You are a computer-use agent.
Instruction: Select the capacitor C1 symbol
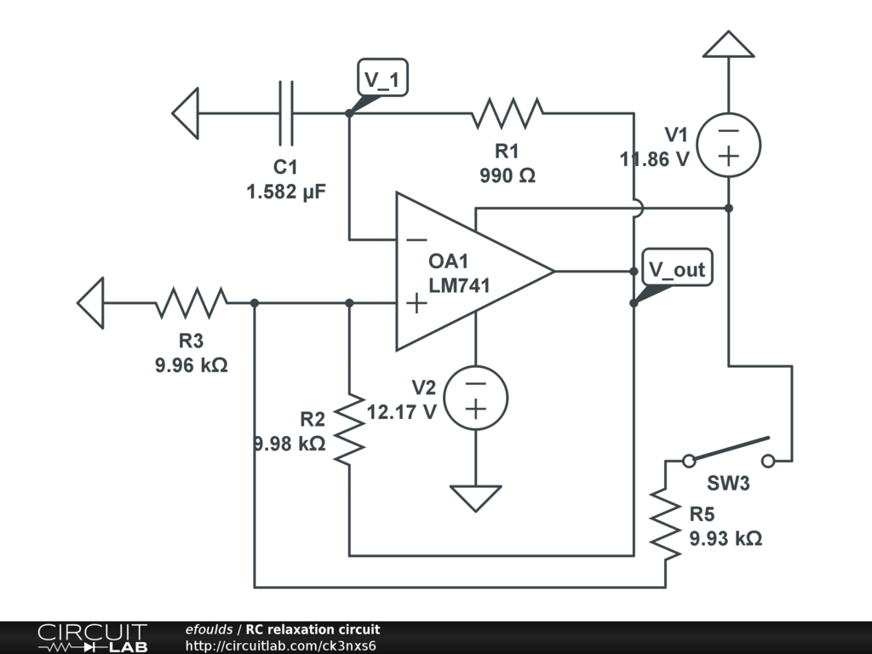tap(286, 113)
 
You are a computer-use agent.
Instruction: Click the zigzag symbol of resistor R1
tap(508, 113)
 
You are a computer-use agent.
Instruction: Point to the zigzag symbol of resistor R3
tap(191, 303)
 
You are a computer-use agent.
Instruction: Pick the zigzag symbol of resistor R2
tap(349, 429)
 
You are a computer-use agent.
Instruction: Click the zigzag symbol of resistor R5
tap(665, 523)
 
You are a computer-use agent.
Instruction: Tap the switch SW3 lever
tap(729, 450)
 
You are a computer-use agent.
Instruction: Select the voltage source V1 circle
tap(729, 145)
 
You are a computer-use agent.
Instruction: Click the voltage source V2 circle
tap(475, 398)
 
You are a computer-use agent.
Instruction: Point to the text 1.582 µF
tap(286, 192)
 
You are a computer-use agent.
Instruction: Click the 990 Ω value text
tap(508, 175)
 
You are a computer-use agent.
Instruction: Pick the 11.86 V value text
tap(655, 159)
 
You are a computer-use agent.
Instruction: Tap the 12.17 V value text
tap(402, 412)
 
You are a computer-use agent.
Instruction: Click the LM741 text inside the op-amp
tap(459, 285)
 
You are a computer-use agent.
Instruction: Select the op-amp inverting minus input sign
tap(416, 240)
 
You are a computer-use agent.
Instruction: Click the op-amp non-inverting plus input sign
tap(416, 304)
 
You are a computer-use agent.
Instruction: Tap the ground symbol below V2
tap(475, 498)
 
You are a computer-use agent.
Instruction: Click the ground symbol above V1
tap(729, 44)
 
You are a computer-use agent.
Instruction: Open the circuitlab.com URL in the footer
tap(281, 645)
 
